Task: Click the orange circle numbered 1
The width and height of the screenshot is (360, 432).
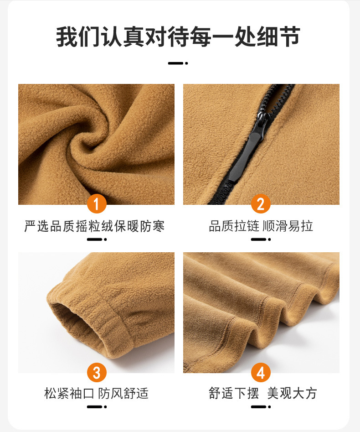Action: click(97, 204)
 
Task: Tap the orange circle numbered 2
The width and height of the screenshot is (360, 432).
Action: click(261, 204)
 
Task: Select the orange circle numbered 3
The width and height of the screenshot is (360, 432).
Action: click(97, 372)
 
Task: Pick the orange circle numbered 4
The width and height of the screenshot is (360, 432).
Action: click(261, 372)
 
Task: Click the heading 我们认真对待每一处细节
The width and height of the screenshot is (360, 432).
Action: click(178, 36)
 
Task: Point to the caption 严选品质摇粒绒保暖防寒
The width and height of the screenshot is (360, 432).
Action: click(94, 226)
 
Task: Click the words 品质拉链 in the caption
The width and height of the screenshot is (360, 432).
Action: click(234, 226)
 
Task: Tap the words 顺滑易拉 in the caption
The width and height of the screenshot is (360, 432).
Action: click(288, 226)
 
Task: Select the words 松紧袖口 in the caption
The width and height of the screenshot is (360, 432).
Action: click(69, 393)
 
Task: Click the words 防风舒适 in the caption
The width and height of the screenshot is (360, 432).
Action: click(123, 393)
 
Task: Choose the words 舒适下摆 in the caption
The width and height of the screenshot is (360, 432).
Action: click(234, 393)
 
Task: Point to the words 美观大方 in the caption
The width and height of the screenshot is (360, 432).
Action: click(292, 393)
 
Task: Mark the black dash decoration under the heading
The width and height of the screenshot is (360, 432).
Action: click(178, 63)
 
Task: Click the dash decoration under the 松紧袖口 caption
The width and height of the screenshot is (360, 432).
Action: click(97, 406)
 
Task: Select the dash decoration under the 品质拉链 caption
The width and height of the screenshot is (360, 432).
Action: click(261, 239)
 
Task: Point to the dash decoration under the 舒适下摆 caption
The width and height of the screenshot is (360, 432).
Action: click(261, 406)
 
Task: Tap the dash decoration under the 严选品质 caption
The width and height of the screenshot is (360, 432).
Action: click(97, 239)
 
